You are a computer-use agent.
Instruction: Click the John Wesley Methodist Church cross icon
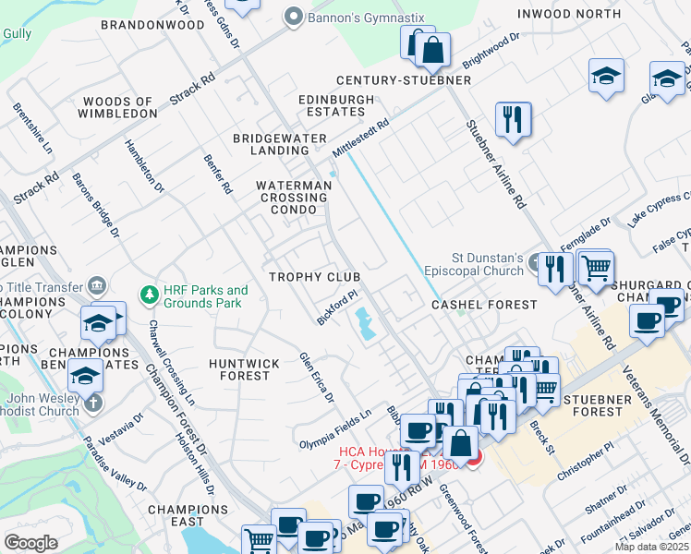(x=92, y=403)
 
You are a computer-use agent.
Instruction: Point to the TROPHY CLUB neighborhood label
(x=314, y=277)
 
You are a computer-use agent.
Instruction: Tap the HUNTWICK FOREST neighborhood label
(x=244, y=369)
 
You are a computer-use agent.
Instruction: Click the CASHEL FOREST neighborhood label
(x=484, y=305)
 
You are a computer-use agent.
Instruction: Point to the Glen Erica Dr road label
(x=315, y=378)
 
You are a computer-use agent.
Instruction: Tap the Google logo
(x=30, y=543)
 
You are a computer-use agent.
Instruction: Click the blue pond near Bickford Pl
(x=365, y=322)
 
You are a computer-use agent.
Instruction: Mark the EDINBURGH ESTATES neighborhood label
(x=336, y=105)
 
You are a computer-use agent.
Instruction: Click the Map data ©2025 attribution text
(x=651, y=547)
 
